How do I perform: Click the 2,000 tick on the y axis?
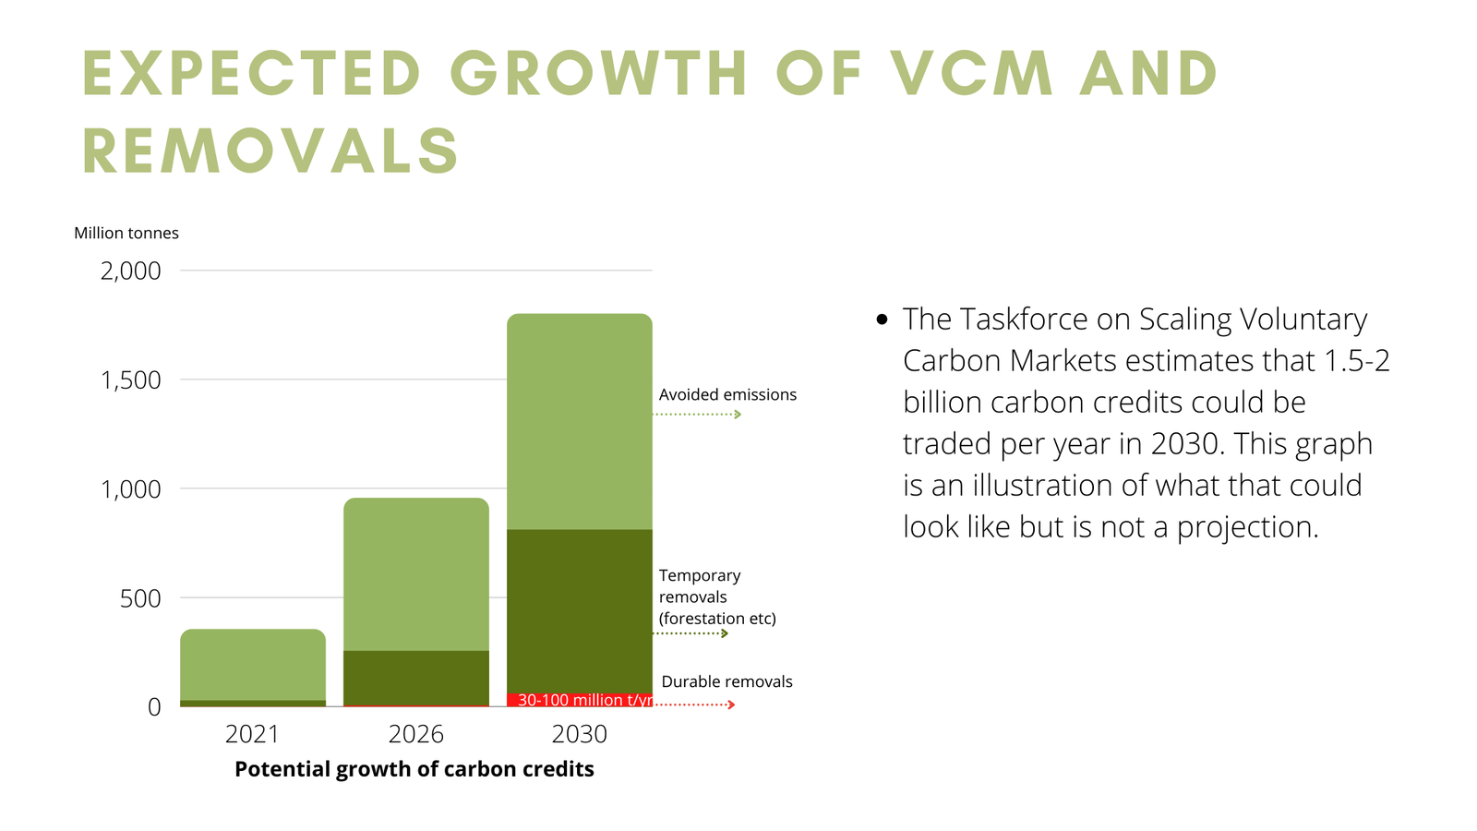(x=130, y=271)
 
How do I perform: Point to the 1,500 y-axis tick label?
(x=130, y=379)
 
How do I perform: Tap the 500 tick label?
(x=140, y=598)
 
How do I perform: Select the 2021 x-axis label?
(x=252, y=734)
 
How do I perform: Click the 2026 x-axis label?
(x=415, y=734)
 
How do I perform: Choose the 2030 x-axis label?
(x=579, y=734)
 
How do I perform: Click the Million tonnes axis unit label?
(x=126, y=233)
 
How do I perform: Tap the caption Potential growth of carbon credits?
(x=414, y=769)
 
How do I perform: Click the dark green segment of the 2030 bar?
(x=580, y=609)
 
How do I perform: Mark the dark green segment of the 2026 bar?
(x=416, y=678)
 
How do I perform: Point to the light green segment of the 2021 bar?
(x=253, y=665)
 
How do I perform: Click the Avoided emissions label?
(x=727, y=394)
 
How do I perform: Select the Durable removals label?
(x=726, y=681)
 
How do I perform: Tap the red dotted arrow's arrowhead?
(x=731, y=705)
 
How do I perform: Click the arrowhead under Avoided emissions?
(x=738, y=415)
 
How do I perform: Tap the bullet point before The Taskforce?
(x=882, y=319)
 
